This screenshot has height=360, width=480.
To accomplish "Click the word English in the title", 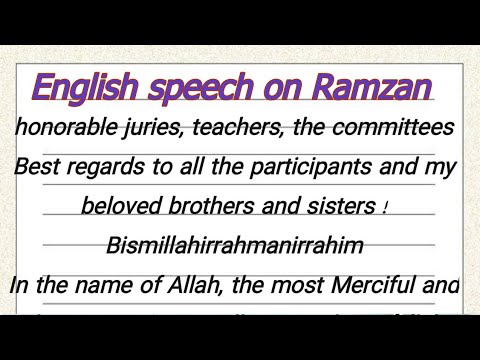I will [x=86, y=89].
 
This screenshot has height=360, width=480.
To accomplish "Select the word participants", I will [x=332, y=167].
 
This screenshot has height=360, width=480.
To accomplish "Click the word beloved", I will [x=124, y=206].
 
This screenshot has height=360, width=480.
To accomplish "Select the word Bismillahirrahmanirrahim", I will [x=234, y=244].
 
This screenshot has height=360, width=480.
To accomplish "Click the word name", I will [x=109, y=284].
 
